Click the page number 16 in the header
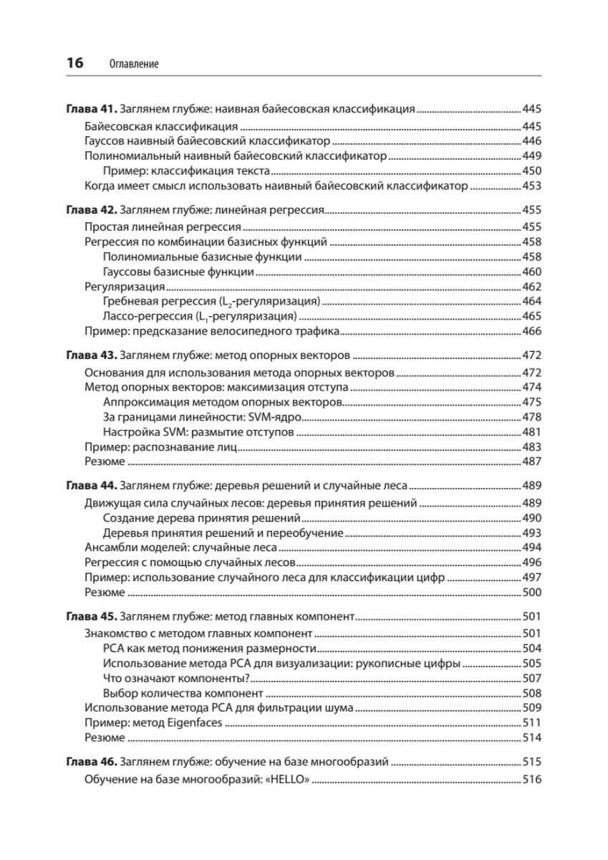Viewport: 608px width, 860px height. coord(74,63)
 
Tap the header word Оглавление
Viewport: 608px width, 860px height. coord(134,64)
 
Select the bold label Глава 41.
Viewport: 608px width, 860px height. coord(91,110)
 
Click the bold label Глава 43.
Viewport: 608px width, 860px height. coord(91,355)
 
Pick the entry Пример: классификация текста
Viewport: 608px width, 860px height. coord(186,171)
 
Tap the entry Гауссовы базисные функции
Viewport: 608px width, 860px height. coord(178,272)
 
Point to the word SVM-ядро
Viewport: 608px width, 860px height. coord(276,417)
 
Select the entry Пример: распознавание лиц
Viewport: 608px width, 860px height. coord(160,446)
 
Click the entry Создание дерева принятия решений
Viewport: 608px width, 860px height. coord(201,517)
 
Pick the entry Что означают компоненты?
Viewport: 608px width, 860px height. coord(175,677)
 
